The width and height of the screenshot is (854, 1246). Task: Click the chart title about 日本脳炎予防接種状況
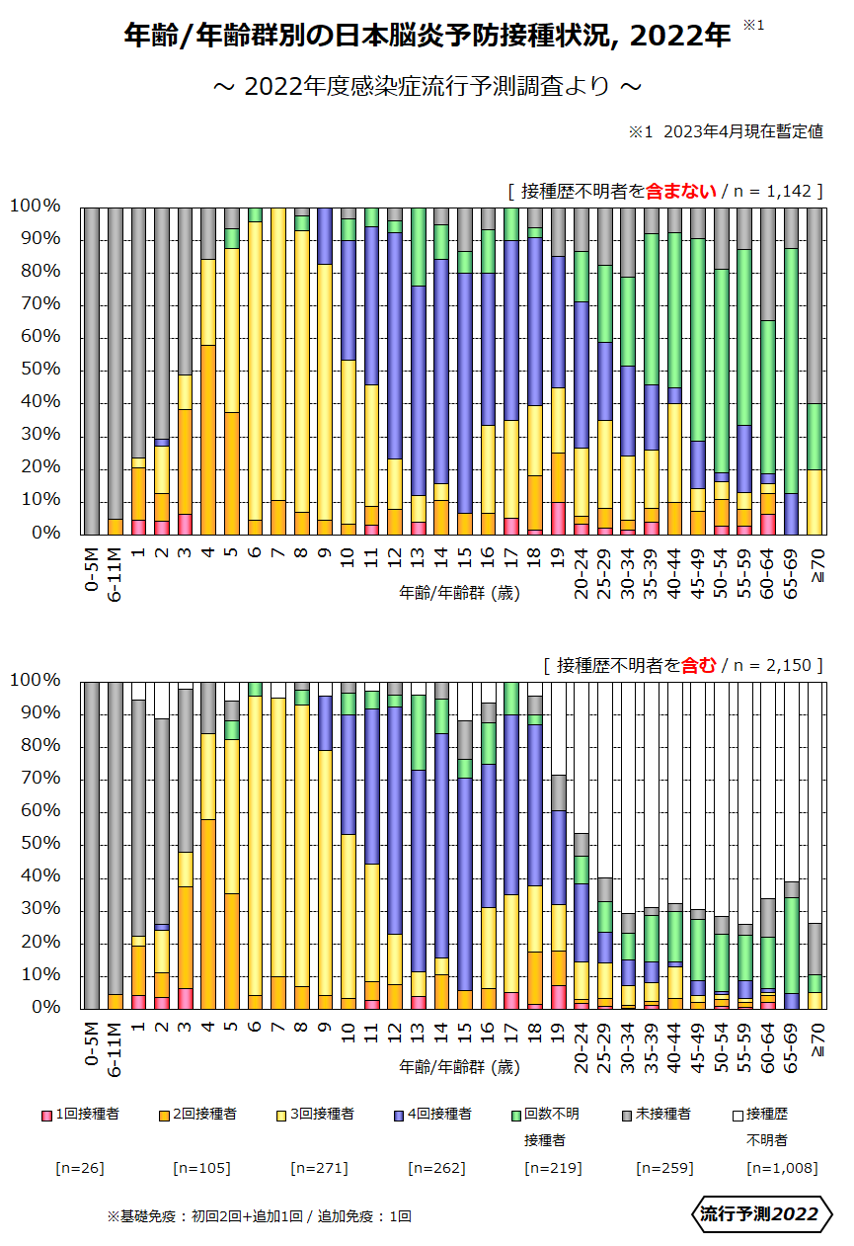[427, 36]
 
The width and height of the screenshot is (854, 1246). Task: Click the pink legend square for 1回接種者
[45, 1115]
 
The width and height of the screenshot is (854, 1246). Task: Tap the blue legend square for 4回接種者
[399, 1115]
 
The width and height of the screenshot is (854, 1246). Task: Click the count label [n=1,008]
[782, 1168]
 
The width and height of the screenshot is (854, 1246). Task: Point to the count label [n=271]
[318, 1168]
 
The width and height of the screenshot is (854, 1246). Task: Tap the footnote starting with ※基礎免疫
[259, 1216]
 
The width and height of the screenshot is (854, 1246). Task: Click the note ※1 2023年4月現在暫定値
[726, 132]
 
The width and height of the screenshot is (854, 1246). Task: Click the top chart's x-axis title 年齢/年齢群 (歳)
[459, 594]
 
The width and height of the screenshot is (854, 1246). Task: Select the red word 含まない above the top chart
[680, 191]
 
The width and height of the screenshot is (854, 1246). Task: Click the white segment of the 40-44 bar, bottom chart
[675, 790]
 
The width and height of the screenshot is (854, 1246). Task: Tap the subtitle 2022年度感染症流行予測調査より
[427, 87]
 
